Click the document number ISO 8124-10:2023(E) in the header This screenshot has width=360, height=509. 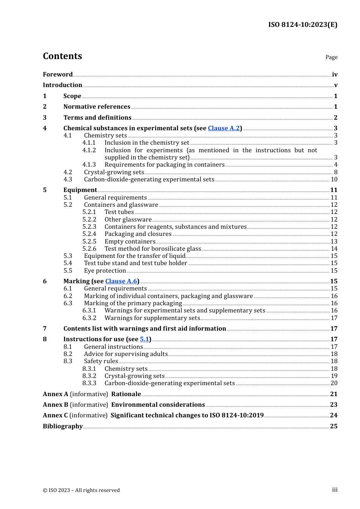coord(302,25)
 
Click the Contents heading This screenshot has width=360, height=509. coord(63,56)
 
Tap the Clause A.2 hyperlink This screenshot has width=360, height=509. coord(224,128)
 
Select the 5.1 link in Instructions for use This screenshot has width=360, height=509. coord(144,339)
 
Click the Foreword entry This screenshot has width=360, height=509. coord(58,74)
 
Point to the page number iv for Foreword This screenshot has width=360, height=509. coord(335,75)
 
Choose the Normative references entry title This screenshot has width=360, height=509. coord(97,106)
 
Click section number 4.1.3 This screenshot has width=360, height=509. coord(89,164)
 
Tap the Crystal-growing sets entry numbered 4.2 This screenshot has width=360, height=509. coord(114,172)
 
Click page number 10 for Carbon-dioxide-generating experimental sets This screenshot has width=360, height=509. coord(334,179)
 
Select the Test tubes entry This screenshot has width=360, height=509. coord(119,212)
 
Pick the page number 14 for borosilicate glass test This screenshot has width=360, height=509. coord(334,248)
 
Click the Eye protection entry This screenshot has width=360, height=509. coord(105,270)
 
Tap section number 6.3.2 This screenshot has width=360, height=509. coord(89,318)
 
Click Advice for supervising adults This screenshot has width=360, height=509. coord(126,354)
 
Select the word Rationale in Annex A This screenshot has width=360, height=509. coord(126,394)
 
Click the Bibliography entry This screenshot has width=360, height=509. coord(63,426)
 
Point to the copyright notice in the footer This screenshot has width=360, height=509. coord(81,490)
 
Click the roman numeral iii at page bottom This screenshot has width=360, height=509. coord(335,490)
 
